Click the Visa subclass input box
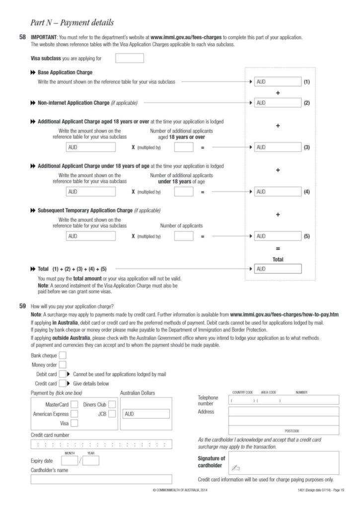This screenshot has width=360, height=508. pyautogui.click(x=129, y=59)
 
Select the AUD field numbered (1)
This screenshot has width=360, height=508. pyautogui.click(x=277, y=81)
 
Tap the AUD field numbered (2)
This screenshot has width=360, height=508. pyautogui.click(x=277, y=103)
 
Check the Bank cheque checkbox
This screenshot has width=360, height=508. pyautogui.click(x=63, y=356)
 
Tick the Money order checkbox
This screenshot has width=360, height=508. pyautogui.click(x=63, y=365)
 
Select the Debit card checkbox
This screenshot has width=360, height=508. pyautogui.click(x=63, y=374)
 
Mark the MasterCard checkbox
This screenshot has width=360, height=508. pyautogui.click(x=74, y=404)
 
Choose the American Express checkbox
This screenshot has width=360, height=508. pyautogui.click(x=74, y=414)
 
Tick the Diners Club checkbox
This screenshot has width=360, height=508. pyautogui.click(x=112, y=404)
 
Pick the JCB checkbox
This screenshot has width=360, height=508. pyautogui.click(x=112, y=414)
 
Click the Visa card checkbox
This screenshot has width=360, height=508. pyautogui.click(x=74, y=423)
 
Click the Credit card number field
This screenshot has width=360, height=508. pyautogui.click(x=101, y=444)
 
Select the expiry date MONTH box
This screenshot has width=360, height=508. pyautogui.click(x=70, y=461)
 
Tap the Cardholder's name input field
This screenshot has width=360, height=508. pyautogui.click(x=101, y=479)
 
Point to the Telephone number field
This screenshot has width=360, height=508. pyautogui.click(x=284, y=400)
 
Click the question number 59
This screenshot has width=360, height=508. pyautogui.click(x=22, y=306)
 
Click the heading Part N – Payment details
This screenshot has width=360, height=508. pyautogui.click(x=72, y=22)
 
